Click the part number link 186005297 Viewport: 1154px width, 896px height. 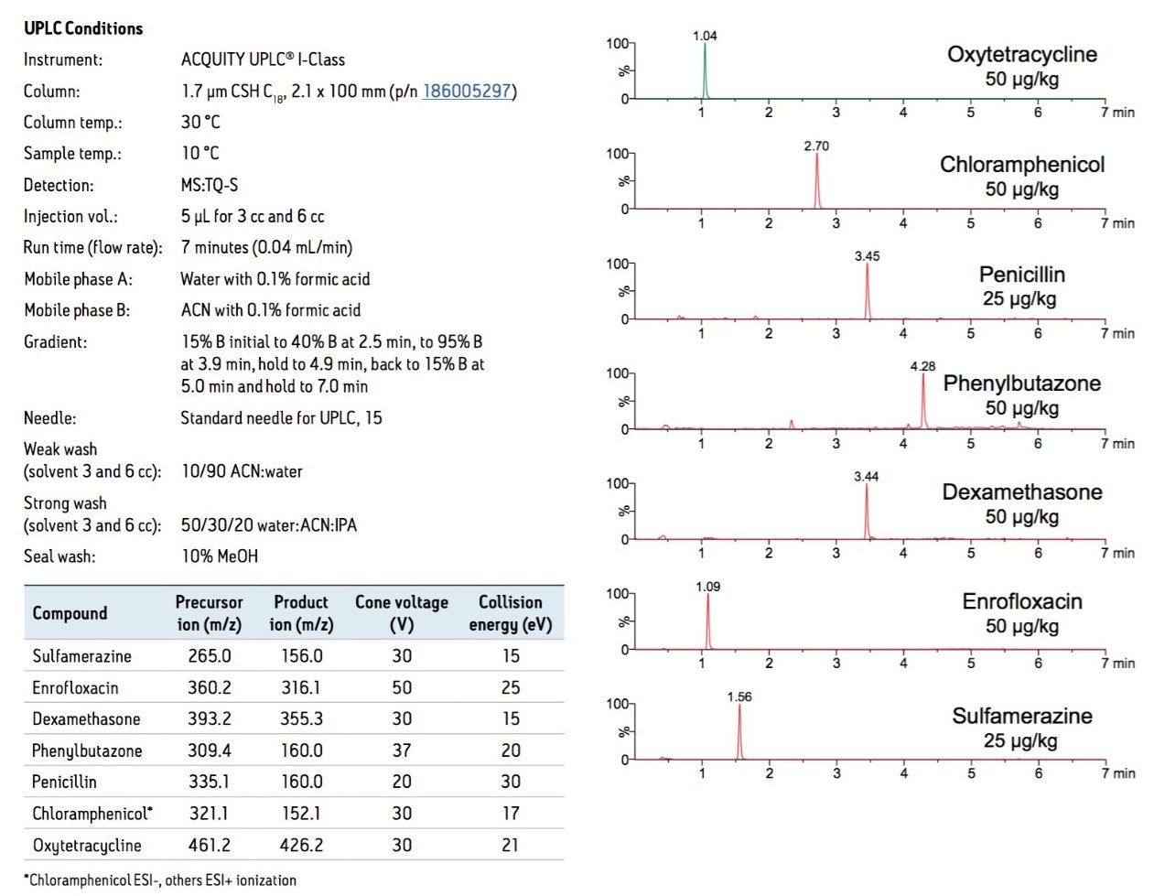(466, 92)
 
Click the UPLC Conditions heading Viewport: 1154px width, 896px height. (83, 28)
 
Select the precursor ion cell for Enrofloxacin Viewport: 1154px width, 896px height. (209, 687)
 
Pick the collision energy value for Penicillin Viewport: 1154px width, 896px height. (510, 782)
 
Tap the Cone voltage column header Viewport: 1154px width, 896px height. (401, 613)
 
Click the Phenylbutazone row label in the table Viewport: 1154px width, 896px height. (87, 750)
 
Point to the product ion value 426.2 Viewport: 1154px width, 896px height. (301, 845)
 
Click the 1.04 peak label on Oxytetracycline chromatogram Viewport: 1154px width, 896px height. (705, 36)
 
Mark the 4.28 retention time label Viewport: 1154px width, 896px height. (922, 366)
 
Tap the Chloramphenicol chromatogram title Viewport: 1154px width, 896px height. (1022, 165)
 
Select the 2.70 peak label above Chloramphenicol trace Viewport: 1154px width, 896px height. (816, 146)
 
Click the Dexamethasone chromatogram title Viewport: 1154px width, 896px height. (1022, 492)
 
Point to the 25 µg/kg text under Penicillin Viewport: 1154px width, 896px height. (1019, 298)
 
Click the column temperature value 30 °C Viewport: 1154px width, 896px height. (200, 123)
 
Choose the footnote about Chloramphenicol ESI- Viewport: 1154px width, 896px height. (160, 880)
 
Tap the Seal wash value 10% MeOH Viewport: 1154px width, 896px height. (220, 556)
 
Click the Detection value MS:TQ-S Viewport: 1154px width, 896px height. (210, 185)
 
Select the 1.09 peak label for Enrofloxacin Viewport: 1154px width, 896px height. (707, 587)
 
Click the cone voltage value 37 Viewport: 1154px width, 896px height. (401, 750)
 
